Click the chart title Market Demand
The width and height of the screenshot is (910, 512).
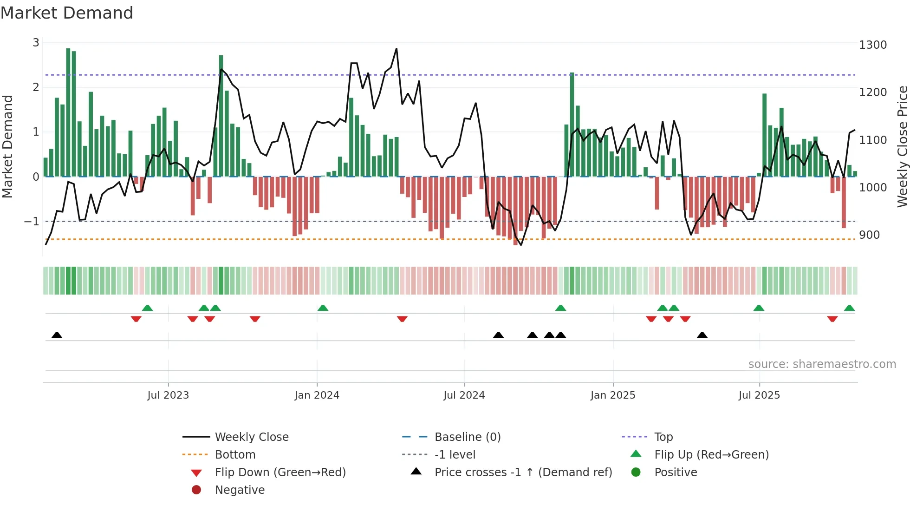tap(67, 13)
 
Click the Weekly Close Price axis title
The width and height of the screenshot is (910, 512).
tap(902, 146)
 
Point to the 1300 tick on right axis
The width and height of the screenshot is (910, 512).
tap(872, 45)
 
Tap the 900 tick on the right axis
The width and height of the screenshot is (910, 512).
tap(869, 235)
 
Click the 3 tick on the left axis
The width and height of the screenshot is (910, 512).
tap(36, 43)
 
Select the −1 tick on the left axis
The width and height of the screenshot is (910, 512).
tap(32, 222)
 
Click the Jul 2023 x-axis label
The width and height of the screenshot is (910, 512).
tap(168, 395)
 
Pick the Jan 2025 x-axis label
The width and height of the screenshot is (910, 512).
tap(612, 395)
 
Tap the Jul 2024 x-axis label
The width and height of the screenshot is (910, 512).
tap(464, 395)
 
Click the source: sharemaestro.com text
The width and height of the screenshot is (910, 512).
tap(822, 364)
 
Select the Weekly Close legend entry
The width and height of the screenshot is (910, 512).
tap(251, 437)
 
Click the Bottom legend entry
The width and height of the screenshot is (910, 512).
tap(235, 455)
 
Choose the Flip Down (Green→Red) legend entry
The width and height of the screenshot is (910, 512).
tap(280, 473)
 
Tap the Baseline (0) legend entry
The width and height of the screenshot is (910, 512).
tap(467, 437)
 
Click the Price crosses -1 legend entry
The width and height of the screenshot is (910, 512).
tap(523, 473)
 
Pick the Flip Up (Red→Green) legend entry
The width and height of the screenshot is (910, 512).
tap(711, 455)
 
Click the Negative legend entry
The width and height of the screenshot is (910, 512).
tap(240, 490)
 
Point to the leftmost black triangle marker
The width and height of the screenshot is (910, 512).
tap(57, 335)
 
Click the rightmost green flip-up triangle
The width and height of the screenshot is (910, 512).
tap(849, 308)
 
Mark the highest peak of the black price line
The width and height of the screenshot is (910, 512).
tap(396, 49)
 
